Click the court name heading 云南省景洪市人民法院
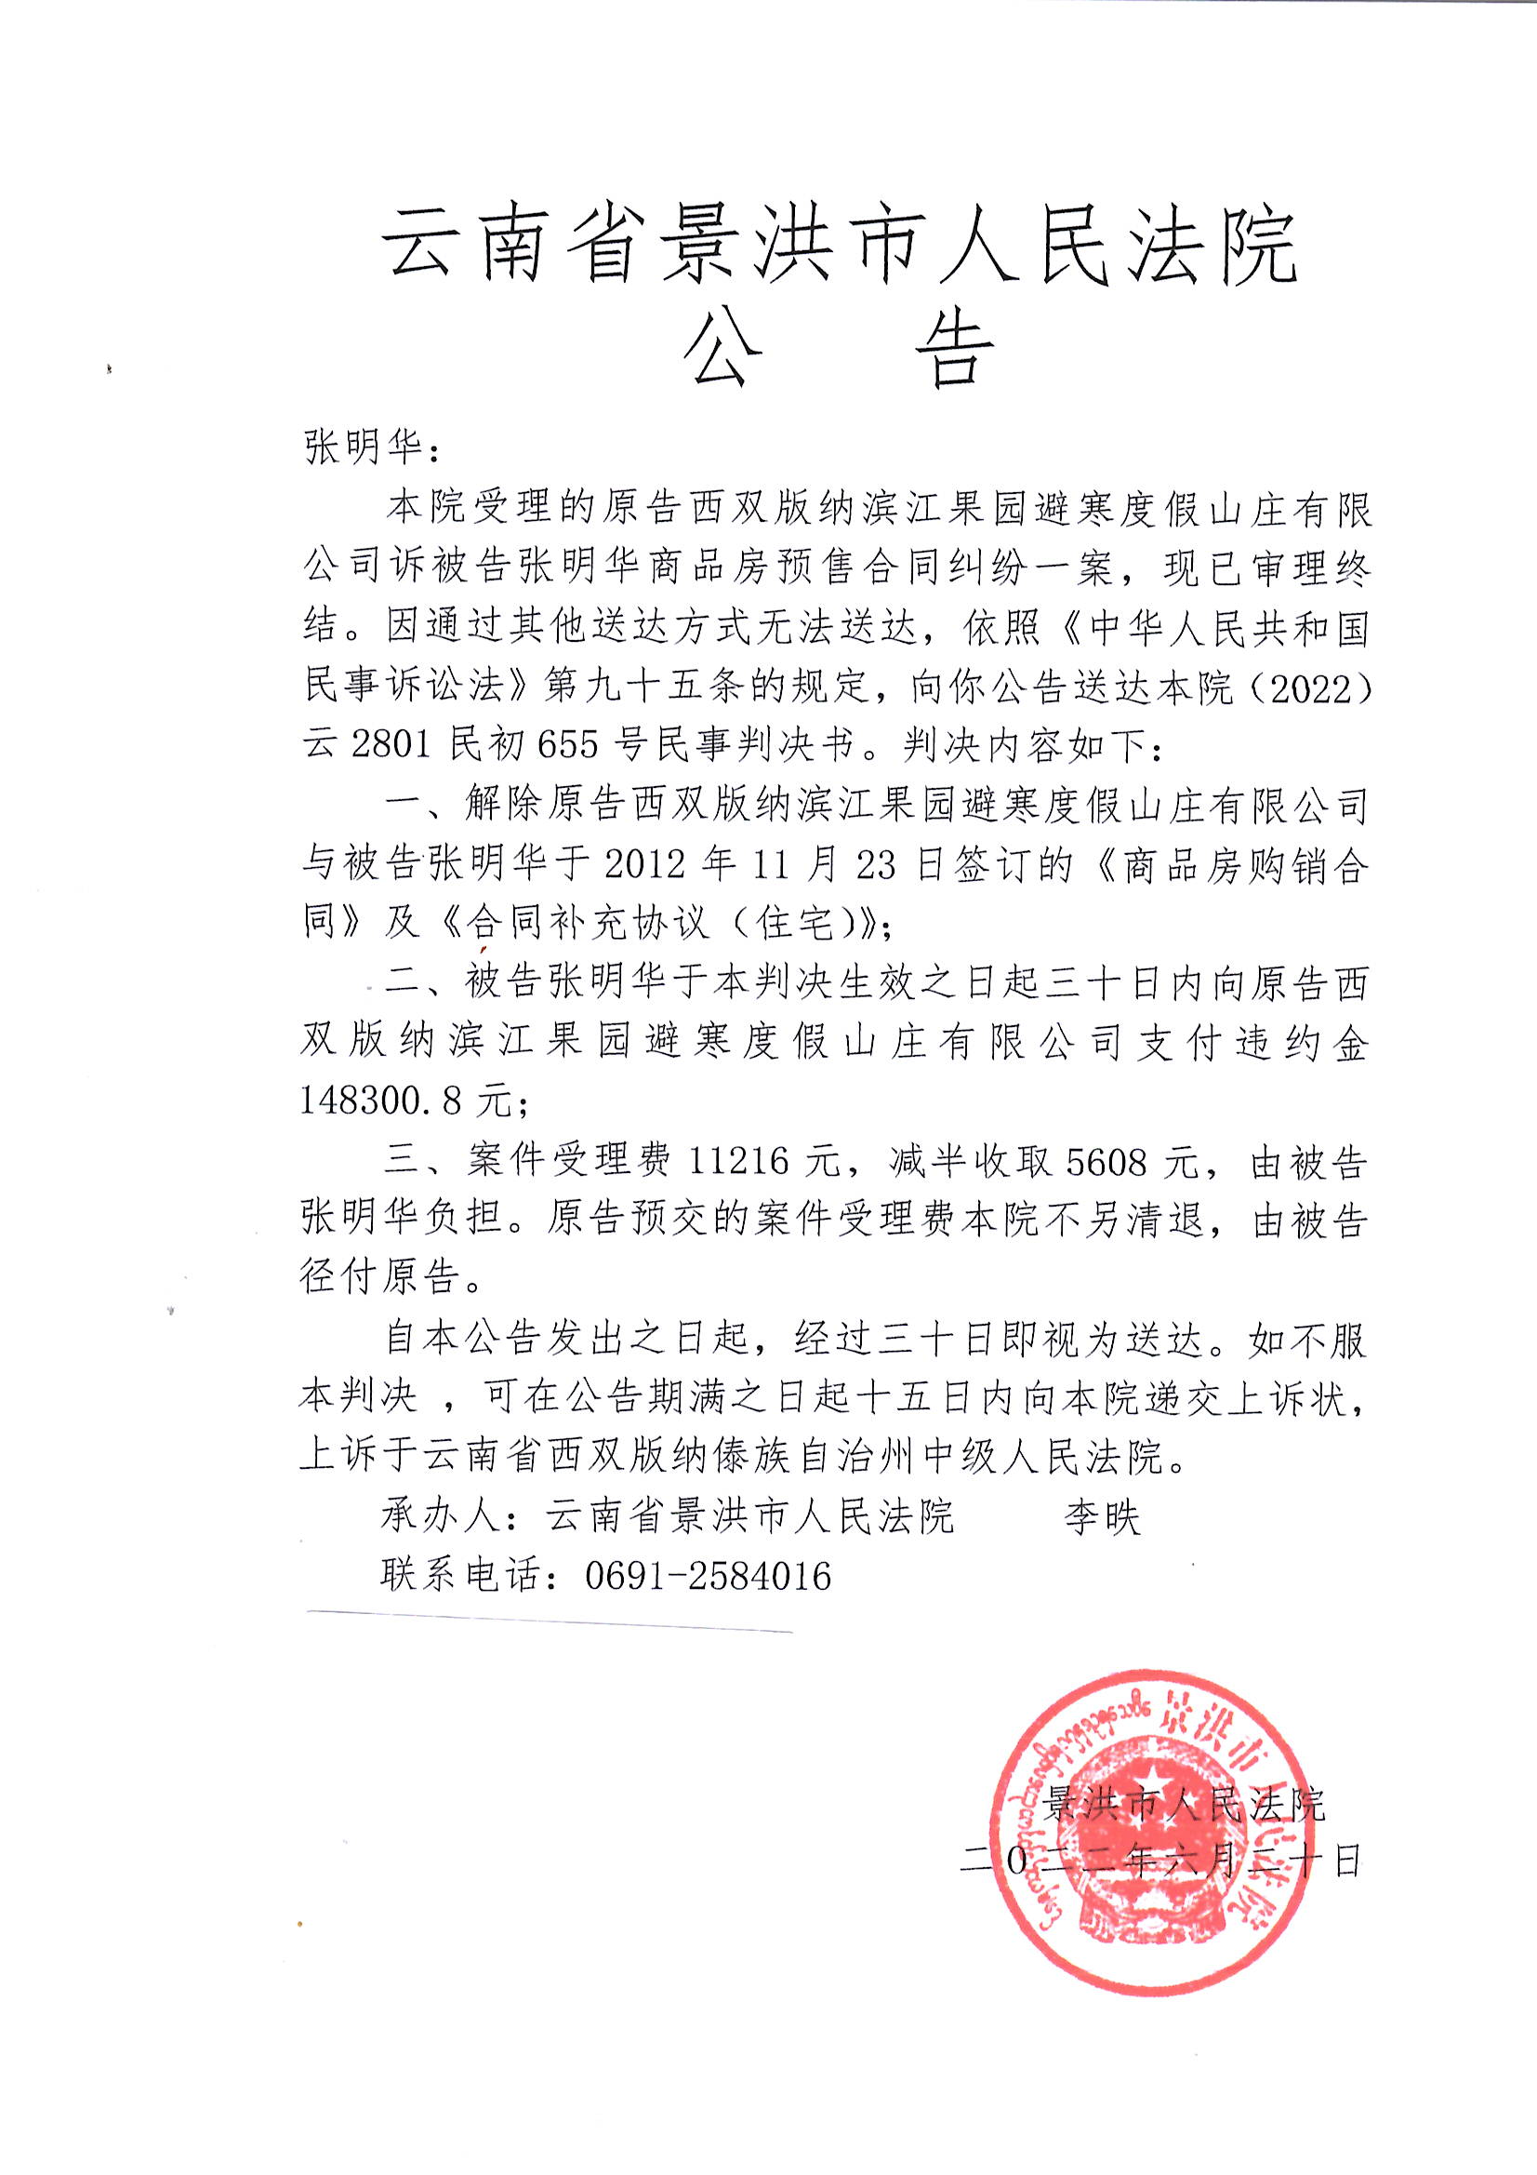(x=841, y=249)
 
